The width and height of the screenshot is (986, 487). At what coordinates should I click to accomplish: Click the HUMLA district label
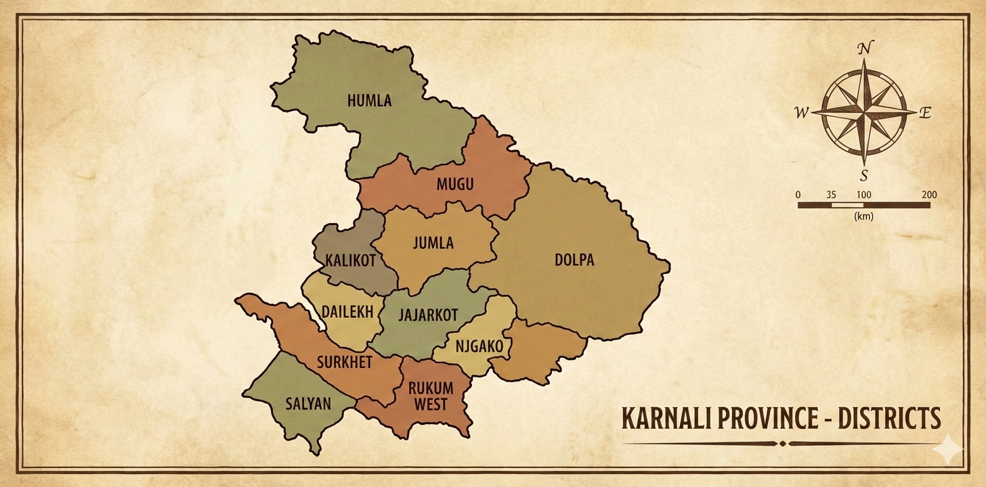(369, 101)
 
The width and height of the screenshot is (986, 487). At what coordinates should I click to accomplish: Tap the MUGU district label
(454, 184)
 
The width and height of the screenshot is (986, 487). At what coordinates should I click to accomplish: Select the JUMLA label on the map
(433, 243)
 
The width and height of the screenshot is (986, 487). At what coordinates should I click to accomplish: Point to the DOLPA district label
(574, 260)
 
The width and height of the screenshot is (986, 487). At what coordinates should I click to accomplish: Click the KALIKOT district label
(350, 261)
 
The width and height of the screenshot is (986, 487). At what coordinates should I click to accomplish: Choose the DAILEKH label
(347, 312)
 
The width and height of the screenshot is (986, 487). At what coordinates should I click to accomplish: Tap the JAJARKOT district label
(428, 315)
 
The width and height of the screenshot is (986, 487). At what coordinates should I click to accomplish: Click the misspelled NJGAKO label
(479, 347)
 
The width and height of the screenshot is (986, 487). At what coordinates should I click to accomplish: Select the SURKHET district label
(345, 363)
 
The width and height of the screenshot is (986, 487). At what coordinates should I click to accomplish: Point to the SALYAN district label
(308, 404)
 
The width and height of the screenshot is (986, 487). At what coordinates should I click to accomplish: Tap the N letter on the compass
(864, 49)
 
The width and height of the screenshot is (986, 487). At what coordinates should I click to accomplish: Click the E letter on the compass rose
(925, 113)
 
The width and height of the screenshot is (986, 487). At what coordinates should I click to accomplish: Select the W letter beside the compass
(802, 113)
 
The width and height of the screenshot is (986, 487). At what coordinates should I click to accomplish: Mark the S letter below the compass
(863, 177)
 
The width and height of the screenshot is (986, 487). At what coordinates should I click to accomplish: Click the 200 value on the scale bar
(929, 195)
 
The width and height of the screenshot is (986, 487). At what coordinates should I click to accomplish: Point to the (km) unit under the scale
(863, 216)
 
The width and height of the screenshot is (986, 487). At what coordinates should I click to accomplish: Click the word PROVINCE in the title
(761, 419)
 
